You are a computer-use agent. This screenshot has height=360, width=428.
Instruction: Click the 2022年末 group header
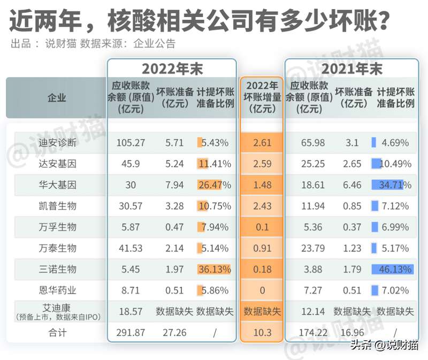172,68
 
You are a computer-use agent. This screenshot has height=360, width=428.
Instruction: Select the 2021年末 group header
352,68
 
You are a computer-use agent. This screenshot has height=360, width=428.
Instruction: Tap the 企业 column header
57,97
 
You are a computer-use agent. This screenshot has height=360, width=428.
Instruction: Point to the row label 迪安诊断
58,143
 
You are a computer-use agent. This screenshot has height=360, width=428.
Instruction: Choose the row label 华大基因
58,185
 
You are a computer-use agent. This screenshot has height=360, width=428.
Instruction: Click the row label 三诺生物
58,269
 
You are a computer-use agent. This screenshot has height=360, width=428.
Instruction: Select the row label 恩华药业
58,290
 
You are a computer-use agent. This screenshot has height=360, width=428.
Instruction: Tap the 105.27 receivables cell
131,143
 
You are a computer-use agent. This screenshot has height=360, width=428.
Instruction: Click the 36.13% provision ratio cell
214,269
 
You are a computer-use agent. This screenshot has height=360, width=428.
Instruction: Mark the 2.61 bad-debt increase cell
262,143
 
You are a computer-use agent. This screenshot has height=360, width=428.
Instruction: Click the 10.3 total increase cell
262,333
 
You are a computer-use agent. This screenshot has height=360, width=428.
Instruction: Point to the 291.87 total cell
131,333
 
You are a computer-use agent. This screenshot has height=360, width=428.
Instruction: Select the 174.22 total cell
311,333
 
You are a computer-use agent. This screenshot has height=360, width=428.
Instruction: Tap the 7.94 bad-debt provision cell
174,185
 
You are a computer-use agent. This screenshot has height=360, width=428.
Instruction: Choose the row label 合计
58,333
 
